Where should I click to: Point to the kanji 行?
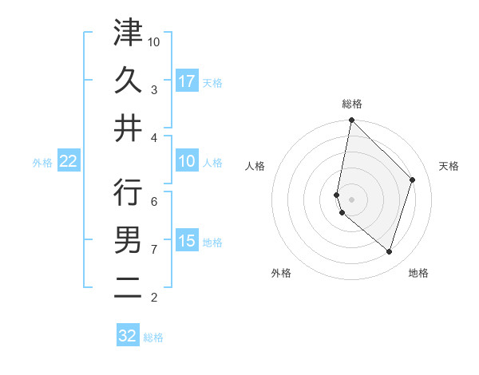click(x=128, y=192)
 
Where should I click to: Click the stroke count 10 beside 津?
click(x=154, y=41)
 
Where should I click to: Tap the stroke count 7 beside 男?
click(x=154, y=249)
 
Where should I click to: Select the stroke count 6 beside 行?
click(x=154, y=201)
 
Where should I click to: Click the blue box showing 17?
click(x=187, y=81)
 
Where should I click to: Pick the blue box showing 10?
click(x=187, y=162)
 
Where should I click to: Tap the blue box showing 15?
click(x=187, y=241)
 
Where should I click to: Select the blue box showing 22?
click(x=69, y=162)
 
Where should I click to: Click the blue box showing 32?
click(x=128, y=336)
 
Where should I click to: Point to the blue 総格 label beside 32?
click(x=154, y=337)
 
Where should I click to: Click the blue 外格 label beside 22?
click(x=42, y=163)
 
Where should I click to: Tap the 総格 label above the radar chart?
click(x=351, y=104)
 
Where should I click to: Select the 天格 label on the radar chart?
click(x=449, y=166)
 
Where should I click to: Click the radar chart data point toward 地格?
click(x=389, y=251)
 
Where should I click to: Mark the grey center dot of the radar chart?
click(x=351, y=199)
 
